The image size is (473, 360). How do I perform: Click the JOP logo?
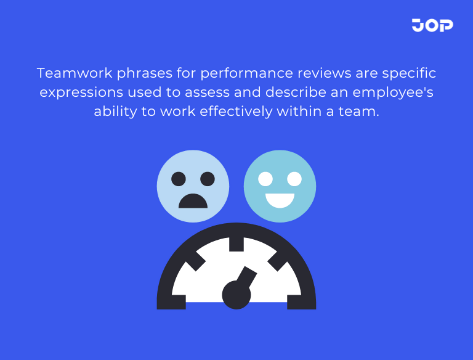click(432, 25)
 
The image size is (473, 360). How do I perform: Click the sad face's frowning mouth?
click(193, 201)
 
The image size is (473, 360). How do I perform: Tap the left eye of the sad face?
click(178, 179)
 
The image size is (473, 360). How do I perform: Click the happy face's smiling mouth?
click(280, 200)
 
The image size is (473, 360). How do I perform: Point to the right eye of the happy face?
click(295, 179)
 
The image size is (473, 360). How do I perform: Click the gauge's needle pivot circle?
click(236, 295)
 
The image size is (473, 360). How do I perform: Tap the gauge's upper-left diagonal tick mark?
click(195, 261)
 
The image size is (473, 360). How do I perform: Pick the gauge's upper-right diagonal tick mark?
click(278, 261)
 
